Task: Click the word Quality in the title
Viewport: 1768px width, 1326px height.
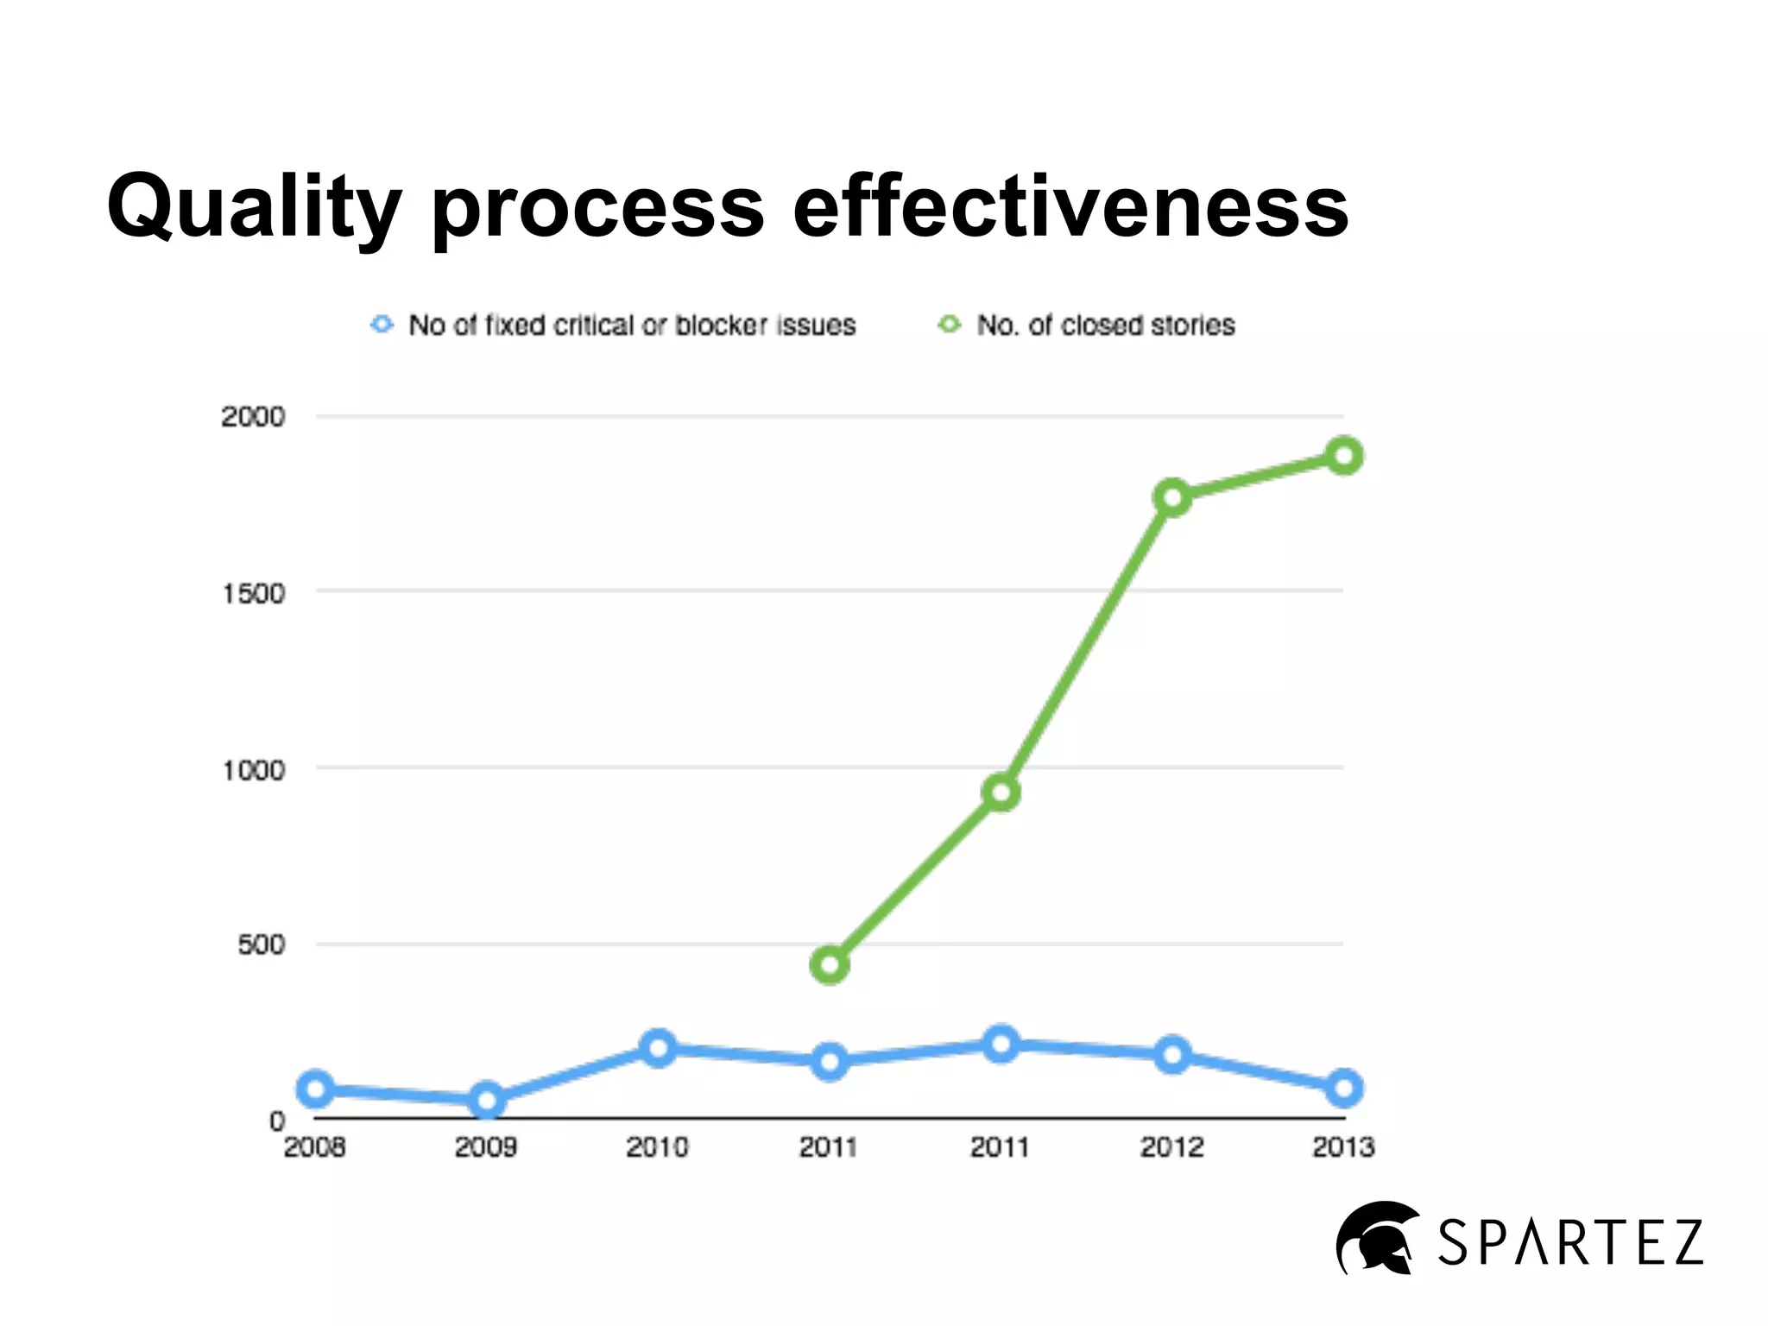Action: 254,207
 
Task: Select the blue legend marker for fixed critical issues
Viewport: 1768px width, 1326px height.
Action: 382,325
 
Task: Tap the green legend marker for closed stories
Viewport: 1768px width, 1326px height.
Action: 949,325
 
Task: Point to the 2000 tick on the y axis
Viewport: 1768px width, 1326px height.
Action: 253,417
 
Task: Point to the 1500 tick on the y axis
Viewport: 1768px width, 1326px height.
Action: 253,594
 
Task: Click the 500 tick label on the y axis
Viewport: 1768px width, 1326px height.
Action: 261,944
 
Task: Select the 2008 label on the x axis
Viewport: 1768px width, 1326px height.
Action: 314,1147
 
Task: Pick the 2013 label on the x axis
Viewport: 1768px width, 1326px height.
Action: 1343,1147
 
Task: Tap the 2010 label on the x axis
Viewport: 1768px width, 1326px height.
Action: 657,1147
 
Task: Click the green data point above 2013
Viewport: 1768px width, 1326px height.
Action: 1343,455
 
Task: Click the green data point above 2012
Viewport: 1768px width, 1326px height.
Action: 1172,498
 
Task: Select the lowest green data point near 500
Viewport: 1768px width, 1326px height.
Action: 830,964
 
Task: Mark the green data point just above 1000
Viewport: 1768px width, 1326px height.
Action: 1001,792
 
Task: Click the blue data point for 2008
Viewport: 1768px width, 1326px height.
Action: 315,1089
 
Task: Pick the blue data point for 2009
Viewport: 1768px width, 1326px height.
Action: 486,1101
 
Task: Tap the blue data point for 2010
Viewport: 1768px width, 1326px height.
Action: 658,1048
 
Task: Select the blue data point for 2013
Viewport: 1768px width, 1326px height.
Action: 1343,1088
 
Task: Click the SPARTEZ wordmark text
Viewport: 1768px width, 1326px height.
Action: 1569,1243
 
